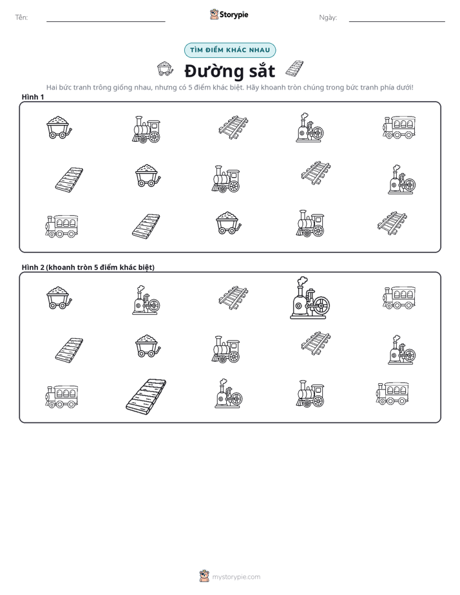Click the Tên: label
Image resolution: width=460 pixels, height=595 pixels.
pyautogui.click(x=21, y=17)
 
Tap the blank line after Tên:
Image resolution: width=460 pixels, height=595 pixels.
pyautogui.click(x=106, y=22)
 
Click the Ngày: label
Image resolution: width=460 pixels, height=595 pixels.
pyautogui.click(x=328, y=17)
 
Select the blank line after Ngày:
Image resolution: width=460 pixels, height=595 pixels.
pyautogui.click(x=397, y=22)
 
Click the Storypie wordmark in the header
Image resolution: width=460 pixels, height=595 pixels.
pyautogui.click(x=234, y=15)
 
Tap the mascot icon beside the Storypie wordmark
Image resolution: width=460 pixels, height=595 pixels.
pyautogui.click(x=214, y=14)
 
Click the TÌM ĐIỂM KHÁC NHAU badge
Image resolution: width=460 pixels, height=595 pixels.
pyautogui.click(x=230, y=50)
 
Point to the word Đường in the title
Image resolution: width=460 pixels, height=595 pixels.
pyautogui.click(x=214, y=71)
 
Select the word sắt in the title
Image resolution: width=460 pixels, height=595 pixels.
pyautogui.click(x=262, y=71)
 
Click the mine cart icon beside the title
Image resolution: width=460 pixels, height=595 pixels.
pyautogui.click(x=165, y=69)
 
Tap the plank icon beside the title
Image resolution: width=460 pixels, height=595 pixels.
pyautogui.click(x=294, y=68)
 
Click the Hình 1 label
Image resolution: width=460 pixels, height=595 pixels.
pyautogui.click(x=33, y=97)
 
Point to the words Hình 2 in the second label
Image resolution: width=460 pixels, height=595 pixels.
pyautogui.click(x=33, y=267)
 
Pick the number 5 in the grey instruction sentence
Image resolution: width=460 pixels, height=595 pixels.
pyautogui.click(x=190, y=88)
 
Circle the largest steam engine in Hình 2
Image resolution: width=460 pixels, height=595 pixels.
pyautogui.click(x=310, y=298)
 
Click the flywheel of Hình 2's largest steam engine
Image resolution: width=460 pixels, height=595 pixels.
pyautogui.click(x=321, y=305)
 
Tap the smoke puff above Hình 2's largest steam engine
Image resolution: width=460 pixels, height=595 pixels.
pyautogui.click(x=302, y=281)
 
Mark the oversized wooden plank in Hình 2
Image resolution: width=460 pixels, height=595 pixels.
pyautogui.click(x=146, y=396)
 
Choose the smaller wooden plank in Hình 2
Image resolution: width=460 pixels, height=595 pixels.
pyautogui.click(x=69, y=350)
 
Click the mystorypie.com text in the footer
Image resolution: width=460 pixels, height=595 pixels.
pyautogui.click(x=236, y=577)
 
